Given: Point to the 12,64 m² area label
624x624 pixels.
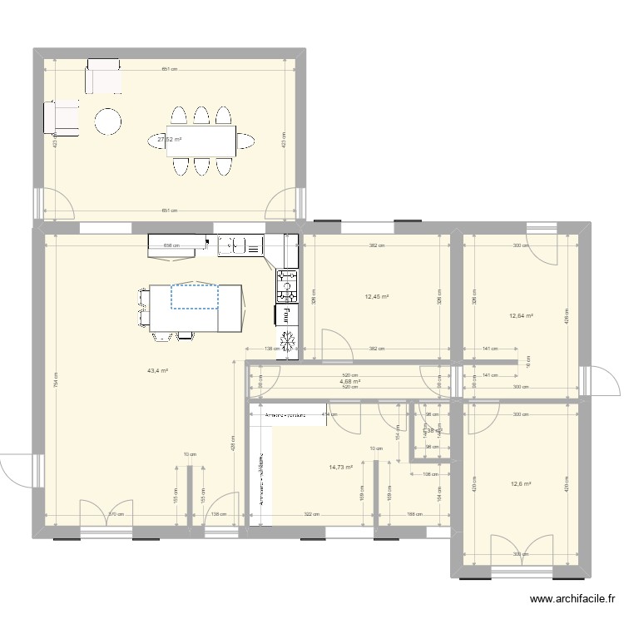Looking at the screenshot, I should [520, 315].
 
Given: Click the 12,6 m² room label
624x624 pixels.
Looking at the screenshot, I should [520, 484].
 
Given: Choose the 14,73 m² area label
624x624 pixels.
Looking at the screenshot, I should [341, 468].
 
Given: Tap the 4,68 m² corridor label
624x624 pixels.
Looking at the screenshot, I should [349, 382].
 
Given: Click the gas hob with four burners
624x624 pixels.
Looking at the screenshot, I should [286, 285].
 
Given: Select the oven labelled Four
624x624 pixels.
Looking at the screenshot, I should [285, 314].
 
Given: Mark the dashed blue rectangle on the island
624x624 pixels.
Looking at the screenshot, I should [194, 295].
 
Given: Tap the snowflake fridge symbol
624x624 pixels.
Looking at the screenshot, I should [287, 341].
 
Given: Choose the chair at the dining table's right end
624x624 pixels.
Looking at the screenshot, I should [247, 141].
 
